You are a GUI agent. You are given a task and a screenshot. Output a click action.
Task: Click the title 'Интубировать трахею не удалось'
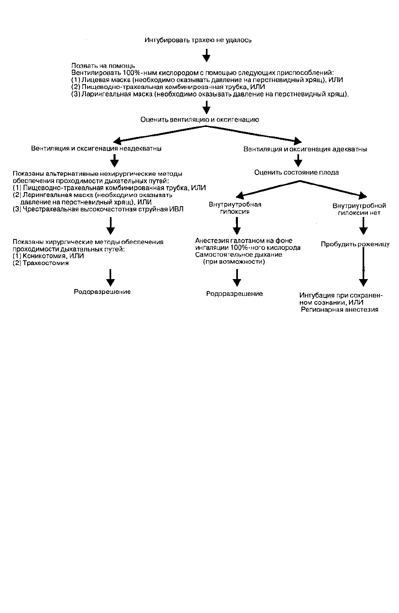pyautogui.click(x=198, y=40)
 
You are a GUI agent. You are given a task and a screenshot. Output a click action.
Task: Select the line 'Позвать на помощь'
pyautogui.click(x=103, y=66)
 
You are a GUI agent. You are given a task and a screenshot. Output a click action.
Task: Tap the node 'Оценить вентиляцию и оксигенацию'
pyautogui.click(x=199, y=120)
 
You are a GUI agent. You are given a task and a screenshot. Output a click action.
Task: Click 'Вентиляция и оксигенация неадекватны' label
pyautogui.click(x=96, y=148)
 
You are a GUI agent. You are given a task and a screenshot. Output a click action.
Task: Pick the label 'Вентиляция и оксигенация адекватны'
pyautogui.click(x=305, y=149)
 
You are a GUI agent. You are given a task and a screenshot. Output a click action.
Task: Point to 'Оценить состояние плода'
pyautogui.click(x=297, y=173)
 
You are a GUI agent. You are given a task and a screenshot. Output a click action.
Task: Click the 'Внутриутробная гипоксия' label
pyautogui.click(x=235, y=208)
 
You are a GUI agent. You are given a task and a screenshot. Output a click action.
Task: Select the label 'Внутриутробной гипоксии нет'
pyautogui.click(x=359, y=209)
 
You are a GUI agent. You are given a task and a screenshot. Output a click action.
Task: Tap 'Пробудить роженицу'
pyautogui.click(x=355, y=244)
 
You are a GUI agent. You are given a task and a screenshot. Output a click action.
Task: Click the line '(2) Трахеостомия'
pyautogui.click(x=41, y=263)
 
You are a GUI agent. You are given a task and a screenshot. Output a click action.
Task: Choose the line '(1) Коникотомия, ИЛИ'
pyautogui.click(x=48, y=256)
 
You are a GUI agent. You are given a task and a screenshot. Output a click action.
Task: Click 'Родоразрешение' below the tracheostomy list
pyautogui.click(x=102, y=292)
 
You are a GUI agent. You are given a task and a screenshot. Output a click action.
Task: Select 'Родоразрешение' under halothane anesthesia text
pyautogui.click(x=234, y=293)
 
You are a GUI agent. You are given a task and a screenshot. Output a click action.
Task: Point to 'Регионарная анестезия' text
pyautogui.click(x=340, y=310)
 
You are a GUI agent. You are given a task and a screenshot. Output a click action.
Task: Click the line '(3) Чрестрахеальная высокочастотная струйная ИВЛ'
pyautogui.click(x=98, y=209)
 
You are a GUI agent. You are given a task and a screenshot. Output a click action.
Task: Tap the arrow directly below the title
pyautogui.click(x=206, y=55)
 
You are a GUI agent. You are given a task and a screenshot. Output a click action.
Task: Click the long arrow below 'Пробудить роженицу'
pyautogui.click(x=363, y=267)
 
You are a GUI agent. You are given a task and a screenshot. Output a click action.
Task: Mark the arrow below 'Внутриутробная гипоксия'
pyautogui.click(x=237, y=226)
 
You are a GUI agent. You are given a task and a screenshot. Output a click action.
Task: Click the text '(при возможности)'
pyautogui.click(x=234, y=262)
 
